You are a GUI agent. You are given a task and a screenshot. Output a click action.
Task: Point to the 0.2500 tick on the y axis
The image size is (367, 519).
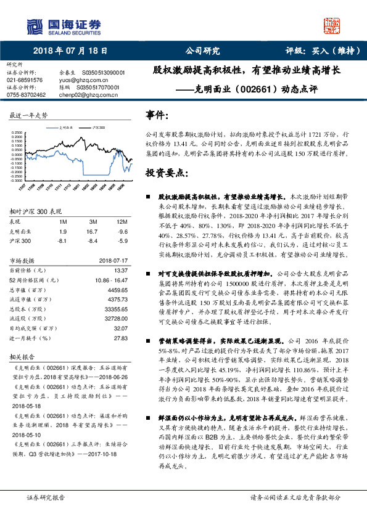pyautogui.click(x=17, y=132)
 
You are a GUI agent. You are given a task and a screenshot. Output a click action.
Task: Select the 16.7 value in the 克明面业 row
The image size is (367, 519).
pyautogui.click(x=94, y=232)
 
